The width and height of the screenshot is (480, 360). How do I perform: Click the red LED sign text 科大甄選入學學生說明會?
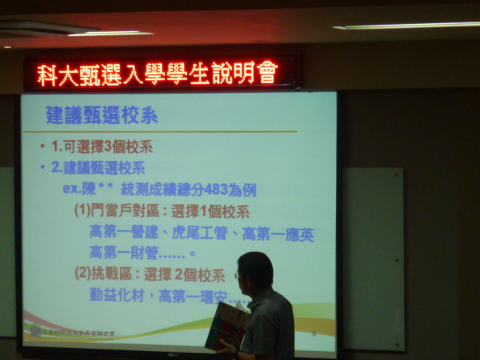point(158,73)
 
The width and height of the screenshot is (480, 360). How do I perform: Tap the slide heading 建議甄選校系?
point(102,115)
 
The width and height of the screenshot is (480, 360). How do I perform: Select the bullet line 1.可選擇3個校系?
point(104,146)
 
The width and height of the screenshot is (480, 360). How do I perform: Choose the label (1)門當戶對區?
point(115,211)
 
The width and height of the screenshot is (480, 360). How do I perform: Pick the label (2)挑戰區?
point(105,274)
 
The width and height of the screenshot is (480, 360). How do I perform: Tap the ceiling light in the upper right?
point(405,25)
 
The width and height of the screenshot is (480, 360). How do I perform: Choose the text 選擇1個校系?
point(213,211)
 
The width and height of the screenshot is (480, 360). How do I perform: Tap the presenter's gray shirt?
point(271,326)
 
